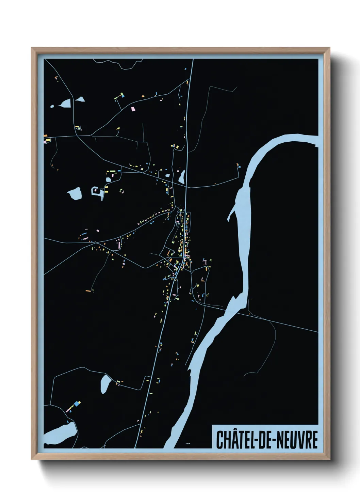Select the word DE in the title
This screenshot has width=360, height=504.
(x=265, y=440)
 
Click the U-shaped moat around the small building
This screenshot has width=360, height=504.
(x=97, y=191)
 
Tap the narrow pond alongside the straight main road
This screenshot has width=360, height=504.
(x=182, y=176)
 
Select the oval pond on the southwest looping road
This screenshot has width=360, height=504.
(x=105, y=384)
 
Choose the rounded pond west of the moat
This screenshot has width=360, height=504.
(x=75, y=193)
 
